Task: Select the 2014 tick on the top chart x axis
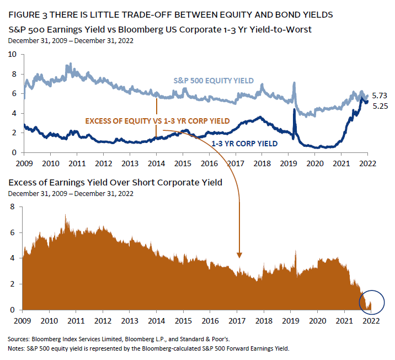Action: click(157, 163)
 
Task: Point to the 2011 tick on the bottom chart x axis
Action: click(76, 321)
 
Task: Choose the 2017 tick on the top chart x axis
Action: click(237, 163)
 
